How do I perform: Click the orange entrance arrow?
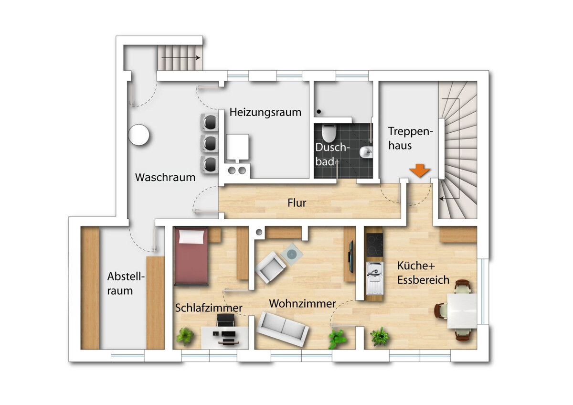tap(420, 171)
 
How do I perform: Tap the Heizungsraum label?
tap(265, 112)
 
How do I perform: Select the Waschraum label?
tap(165, 177)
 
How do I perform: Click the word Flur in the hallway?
tap(297, 203)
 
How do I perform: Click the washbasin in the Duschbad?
tap(366, 153)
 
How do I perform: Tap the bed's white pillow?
tap(191, 236)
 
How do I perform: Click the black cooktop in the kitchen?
tap(374, 245)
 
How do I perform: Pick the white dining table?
tap(462, 311)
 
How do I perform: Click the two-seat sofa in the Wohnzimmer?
tap(282, 329)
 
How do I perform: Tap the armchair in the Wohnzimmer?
tap(270, 267)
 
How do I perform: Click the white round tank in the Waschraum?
tap(139, 135)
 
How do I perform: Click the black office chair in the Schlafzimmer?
tap(225, 320)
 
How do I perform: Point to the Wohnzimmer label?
tap(302, 304)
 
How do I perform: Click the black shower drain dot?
tap(319, 112)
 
